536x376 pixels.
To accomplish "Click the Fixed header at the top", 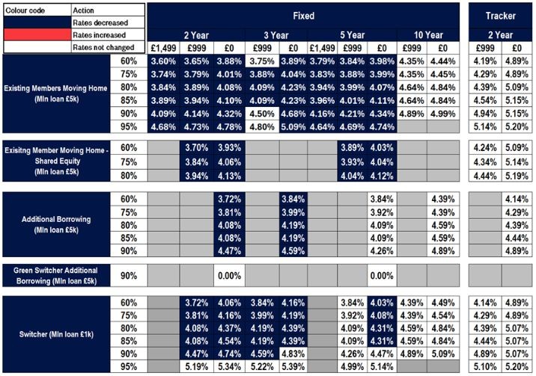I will click(x=302, y=15).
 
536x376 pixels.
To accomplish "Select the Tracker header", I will click(x=500, y=15).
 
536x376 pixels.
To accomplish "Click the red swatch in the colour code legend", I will click(x=36, y=34).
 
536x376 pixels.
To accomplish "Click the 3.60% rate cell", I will click(x=163, y=61).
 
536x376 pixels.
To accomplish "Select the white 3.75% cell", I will click(x=261, y=61).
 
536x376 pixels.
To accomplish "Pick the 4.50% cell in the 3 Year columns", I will click(x=261, y=114).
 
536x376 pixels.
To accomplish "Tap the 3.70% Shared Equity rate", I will click(x=195, y=148).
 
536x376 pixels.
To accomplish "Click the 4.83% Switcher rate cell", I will click(x=293, y=353).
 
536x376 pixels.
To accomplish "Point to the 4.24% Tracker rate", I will click(x=484, y=148).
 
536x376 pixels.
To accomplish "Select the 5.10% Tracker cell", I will click(x=484, y=366).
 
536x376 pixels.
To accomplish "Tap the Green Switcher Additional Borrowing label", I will click(x=58, y=275).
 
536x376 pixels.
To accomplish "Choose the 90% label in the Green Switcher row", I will click(x=129, y=275).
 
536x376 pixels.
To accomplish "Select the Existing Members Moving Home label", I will click(x=58, y=93).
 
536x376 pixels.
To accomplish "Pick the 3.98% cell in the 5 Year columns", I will click(x=380, y=61).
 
